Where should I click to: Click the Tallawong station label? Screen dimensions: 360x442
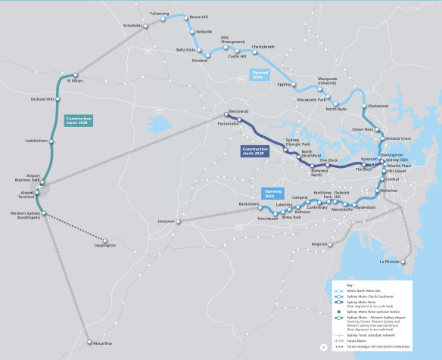click(x=159, y=13)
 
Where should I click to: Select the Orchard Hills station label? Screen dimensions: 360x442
click(x=42, y=99)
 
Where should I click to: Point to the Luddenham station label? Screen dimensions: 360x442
click(x=35, y=141)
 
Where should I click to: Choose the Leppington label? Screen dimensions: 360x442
click(x=105, y=245)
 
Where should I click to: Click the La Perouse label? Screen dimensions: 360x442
click(x=409, y=262)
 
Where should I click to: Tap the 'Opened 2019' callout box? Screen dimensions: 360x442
click(x=260, y=75)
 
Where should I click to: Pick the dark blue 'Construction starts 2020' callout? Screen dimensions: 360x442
click(x=255, y=151)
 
